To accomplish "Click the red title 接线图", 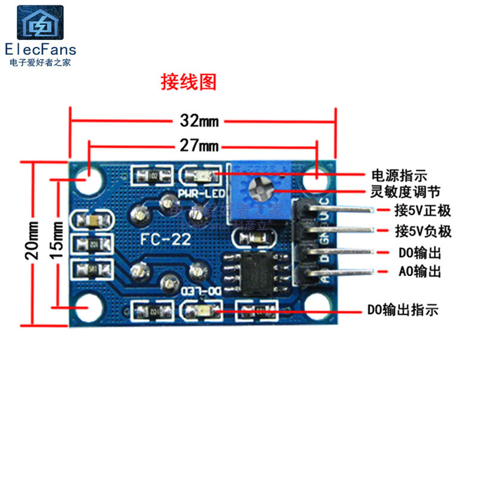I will pos(188,82).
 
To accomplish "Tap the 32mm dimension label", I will pos(200,121).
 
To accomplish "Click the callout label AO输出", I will pos(419,271).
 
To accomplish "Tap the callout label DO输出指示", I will pos(402,310).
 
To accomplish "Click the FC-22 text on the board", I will pos(165,240).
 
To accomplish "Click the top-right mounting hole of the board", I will pos(317,179).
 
